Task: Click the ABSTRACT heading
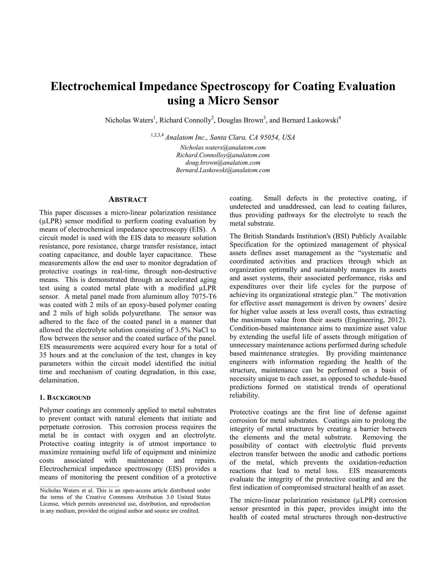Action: pos(128,200)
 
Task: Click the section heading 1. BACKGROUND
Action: pos(65,398)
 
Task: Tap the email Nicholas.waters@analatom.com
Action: pos(223,147)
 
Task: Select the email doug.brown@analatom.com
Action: pos(223,162)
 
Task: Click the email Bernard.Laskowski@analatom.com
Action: pos(223,170)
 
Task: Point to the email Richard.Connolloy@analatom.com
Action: pos(223,155)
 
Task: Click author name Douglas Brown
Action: pos(240,120)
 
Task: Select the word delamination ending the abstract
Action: pos(59,380)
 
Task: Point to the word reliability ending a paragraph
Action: pos(244,395)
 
